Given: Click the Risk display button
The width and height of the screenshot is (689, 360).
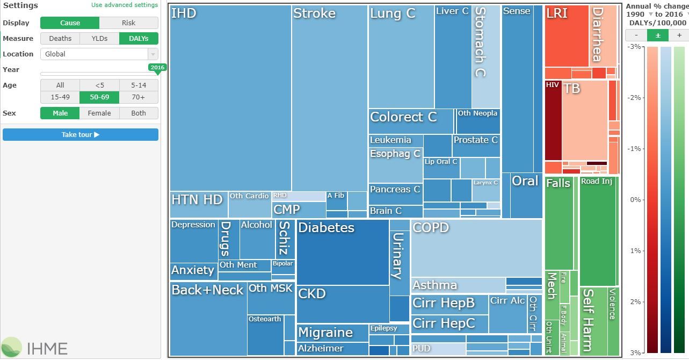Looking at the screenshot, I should click(128, 23).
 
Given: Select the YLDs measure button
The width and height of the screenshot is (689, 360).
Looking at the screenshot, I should click(99, 38).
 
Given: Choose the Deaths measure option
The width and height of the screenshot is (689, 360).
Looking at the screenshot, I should click(60, 38).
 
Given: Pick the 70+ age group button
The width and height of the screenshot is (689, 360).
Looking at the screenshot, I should click(139, 97).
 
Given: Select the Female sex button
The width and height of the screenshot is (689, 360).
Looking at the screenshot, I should click(99, 113).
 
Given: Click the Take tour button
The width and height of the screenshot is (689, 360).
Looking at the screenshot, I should click(81, 134).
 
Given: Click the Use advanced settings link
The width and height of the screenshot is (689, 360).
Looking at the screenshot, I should click(125, 5).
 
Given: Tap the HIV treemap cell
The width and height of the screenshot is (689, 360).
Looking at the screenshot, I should click(553, 121).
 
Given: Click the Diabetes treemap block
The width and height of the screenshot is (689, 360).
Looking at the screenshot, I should click(343, 253).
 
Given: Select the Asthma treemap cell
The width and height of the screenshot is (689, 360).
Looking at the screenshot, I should click(458, 285).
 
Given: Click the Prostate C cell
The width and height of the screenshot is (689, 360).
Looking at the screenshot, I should click(476, 146).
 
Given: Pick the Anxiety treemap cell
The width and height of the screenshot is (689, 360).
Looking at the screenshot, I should click(193, 270).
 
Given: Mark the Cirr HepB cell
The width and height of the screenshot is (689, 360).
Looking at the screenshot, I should click(449, 304).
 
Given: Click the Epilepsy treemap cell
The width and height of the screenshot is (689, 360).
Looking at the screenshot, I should click(389, 328).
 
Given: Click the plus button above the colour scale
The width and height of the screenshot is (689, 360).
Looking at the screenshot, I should click(679, 35).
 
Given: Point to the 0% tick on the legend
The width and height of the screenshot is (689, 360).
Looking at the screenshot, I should click(636, 200).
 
